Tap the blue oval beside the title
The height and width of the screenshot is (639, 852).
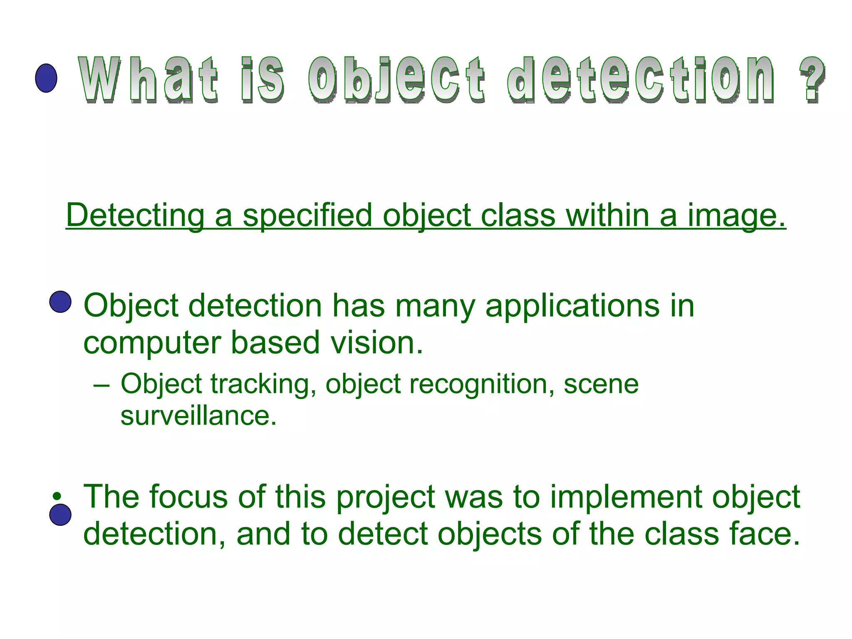pyautogui.click(x=46, y=78)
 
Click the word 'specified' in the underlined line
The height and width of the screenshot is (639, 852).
pyautogui.click(x=307, y=215)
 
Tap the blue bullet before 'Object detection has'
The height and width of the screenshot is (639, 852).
pyautogui.click(x=60, y=302)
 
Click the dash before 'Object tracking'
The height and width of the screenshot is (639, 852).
pyautogui.click(x=102, y=385)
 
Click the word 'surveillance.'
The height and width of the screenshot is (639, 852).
pyautogui.click(x=198, y=416)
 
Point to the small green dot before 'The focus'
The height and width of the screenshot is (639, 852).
pyautogui.click(x=57, y=496)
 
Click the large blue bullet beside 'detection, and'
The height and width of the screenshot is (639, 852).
pyautogui.click(x=60, y=515)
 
